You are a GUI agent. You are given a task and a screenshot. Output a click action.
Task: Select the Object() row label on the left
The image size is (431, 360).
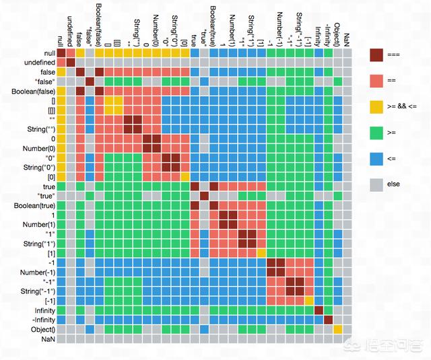[x=40, y=329]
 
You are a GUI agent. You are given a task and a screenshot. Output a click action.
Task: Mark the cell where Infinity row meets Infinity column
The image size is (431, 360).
[x=319, y=310]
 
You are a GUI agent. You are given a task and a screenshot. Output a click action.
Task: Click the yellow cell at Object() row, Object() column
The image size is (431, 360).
[x=337, y=329]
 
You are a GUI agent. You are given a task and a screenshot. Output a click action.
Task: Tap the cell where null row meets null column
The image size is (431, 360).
[x=61, y=52]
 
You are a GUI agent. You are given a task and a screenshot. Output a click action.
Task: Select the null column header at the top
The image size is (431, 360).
[x=61, y=40]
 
